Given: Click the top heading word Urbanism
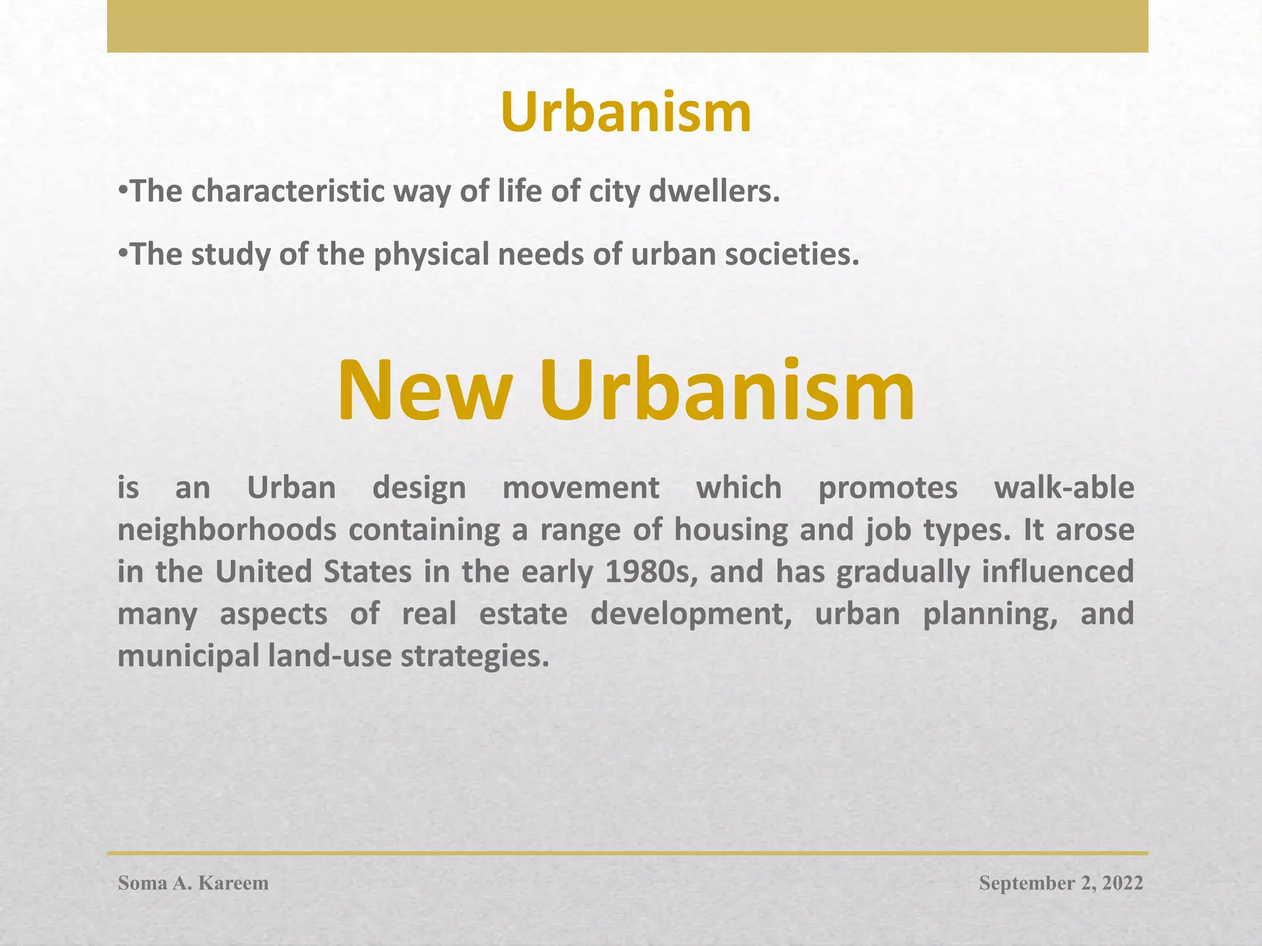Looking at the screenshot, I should pyautogui.click(x=625, y=113).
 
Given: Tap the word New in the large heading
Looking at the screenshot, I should pyautogui.click(x=425, y=391).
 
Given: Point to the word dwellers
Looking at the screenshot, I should pyautogui.click(x=715, y=192).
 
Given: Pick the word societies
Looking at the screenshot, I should pyautogui.click(x=791, y=254).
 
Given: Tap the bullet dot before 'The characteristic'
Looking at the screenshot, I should pyautogui.click(x=123, y=190).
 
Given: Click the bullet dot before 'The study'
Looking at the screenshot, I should pyautogui.click(x=123, y=253).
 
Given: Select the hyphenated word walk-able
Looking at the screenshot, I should pyautogui.click(x=1064, y=488).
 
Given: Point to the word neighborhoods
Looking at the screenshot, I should pyautogui.click(x=227, y=530).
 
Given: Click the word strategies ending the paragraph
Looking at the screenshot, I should pyautogui.click(x=474, y=656).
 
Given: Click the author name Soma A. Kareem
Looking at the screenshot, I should pyautogui.click(x=193, y=883).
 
